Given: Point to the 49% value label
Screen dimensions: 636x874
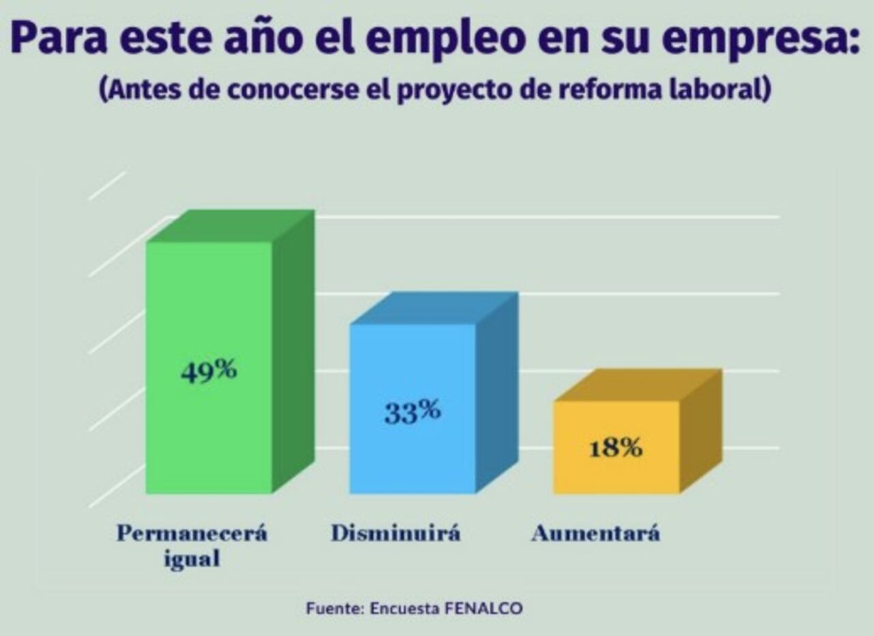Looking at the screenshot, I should pos(209,371).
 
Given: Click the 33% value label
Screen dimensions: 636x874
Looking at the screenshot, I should pos(412,412).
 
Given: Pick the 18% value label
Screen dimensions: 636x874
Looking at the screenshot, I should pos(616,448).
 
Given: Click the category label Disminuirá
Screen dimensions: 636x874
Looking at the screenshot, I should pos(396,534).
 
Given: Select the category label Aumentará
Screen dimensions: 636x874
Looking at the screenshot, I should pos(596,534).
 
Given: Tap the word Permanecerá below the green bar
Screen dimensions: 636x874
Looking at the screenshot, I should pos(192,534).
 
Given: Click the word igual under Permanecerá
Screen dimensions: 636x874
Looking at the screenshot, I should pos(192,559).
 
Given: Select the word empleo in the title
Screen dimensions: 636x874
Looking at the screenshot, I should pos(436,40).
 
